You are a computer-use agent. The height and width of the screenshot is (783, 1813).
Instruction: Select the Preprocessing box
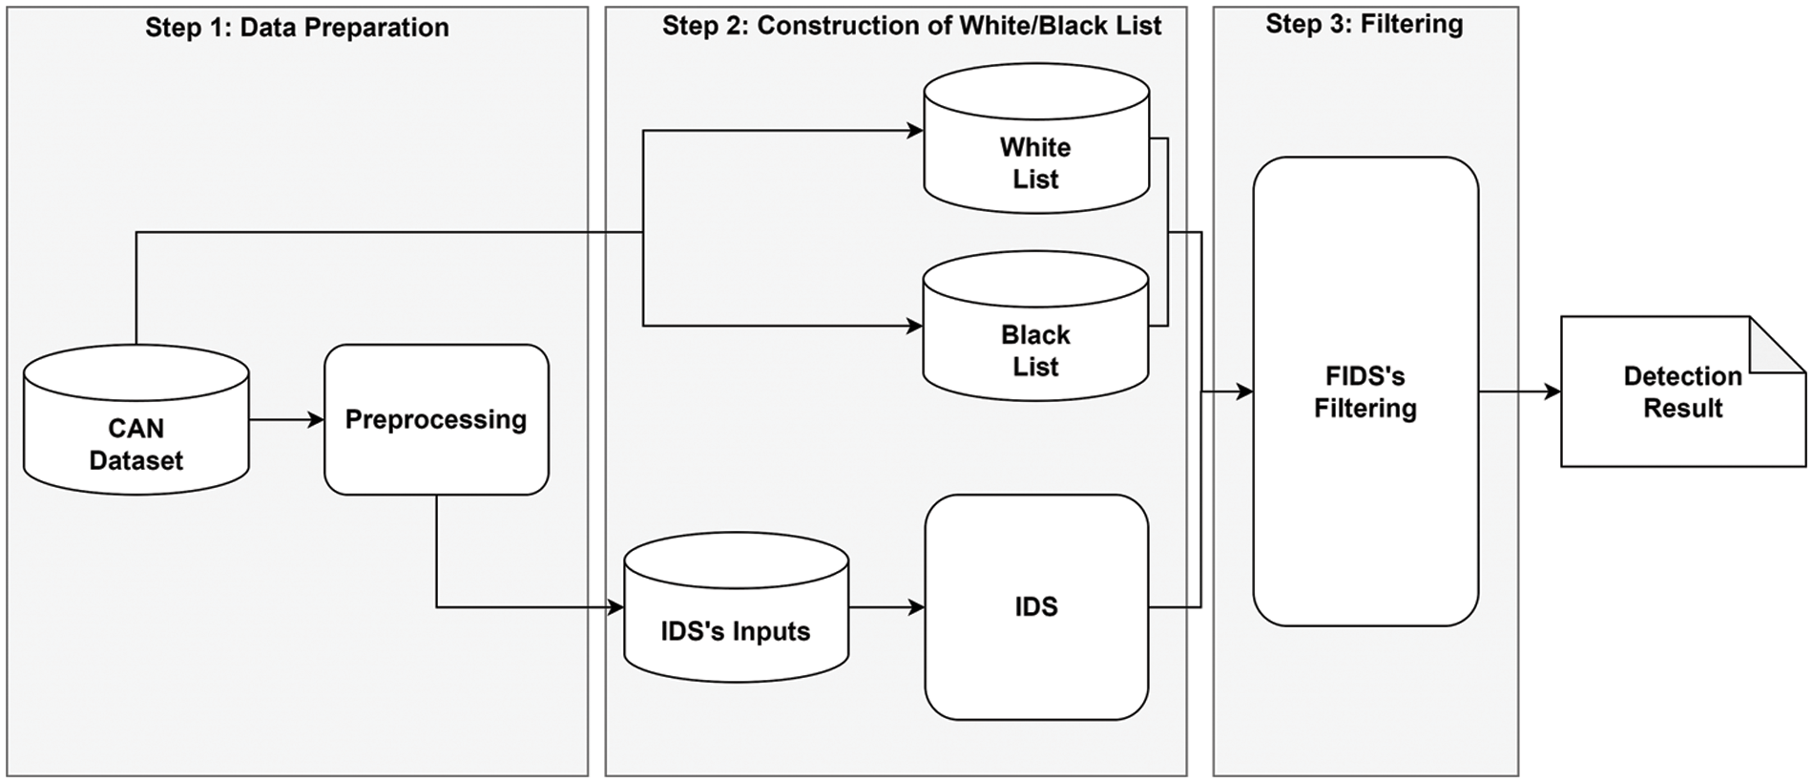[x=436, y=419]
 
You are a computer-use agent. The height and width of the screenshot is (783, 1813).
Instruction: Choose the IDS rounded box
[x=1035, y=606]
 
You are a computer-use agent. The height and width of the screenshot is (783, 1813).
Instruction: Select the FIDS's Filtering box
[x=1365, y=391]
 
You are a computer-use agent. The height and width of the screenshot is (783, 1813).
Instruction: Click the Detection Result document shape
[x=1682, y=391]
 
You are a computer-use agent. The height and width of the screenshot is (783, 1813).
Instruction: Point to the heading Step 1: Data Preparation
[x=297, y=28]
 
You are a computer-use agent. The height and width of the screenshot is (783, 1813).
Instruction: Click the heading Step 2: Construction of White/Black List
[x=911, y=26]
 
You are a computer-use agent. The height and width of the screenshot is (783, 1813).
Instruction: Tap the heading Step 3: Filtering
[x=1364, y=24]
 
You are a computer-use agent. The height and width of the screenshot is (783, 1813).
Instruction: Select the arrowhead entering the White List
[x=914, y=131]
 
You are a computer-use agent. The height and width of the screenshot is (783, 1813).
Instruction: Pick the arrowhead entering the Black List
[x=914, y=326]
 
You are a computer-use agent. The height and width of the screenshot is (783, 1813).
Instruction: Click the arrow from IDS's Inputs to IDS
[x=886, y=606]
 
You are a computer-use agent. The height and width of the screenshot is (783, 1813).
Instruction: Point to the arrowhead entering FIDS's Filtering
[x=1243, y=391]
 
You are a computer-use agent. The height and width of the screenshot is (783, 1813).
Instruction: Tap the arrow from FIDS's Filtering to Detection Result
[x=1519, y=391]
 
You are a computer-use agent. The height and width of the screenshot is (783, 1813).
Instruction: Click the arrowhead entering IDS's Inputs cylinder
[x=615, y=606]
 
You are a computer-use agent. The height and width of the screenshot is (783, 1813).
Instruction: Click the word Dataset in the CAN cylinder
[x=135, y=460]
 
